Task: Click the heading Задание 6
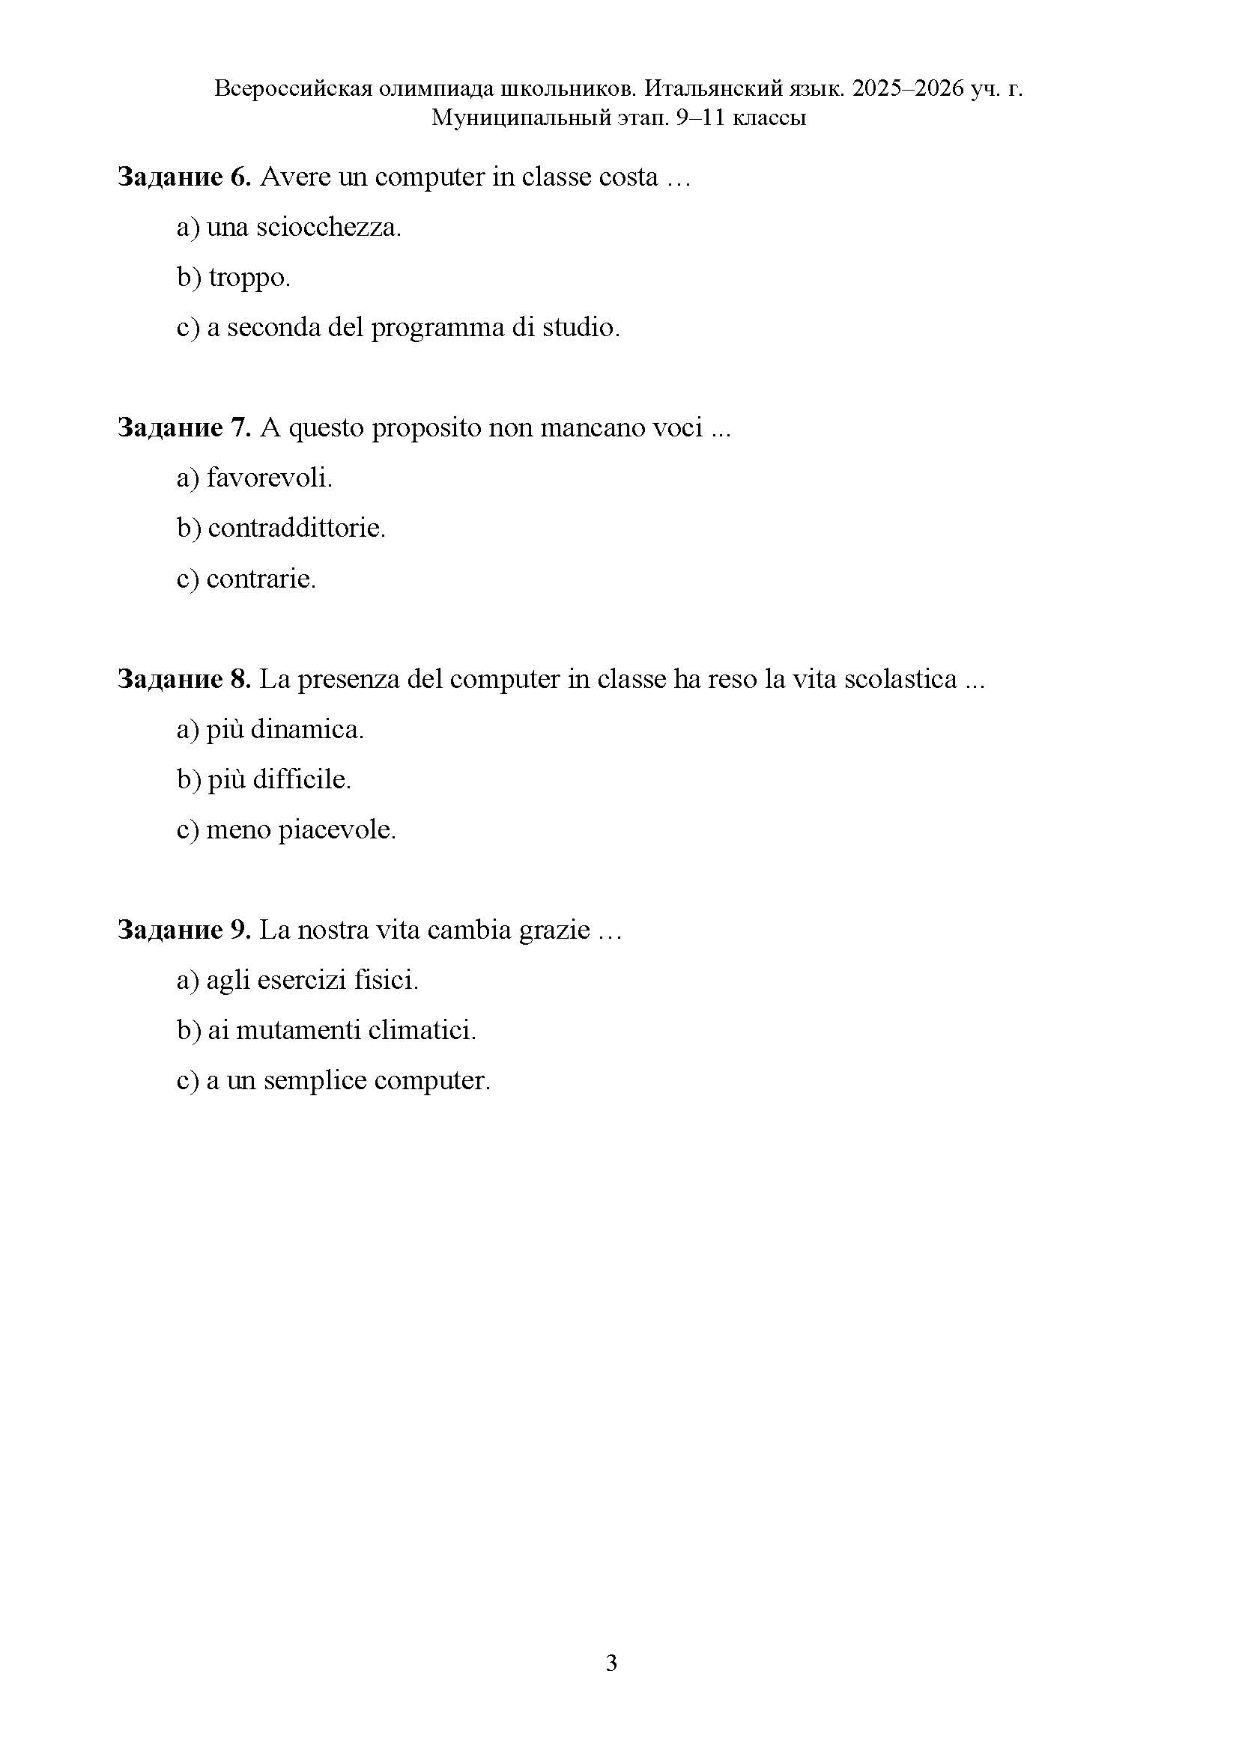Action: pyautogui.click(x=184, y=177)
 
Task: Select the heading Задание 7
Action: pyautogui.click(x=184, y=428)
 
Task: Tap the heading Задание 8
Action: pyautogui.click(x=184, y=679)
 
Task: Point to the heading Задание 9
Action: pyautogui.click(x=184, y=930)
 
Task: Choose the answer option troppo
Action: pyautogui.click(x=249, y=278)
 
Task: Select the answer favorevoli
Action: pyautogui.click(x=270, y=478)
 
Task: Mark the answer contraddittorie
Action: pyautogui.click(x=296, y=528)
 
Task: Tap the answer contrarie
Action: pyautogui.click(x=261, y=579)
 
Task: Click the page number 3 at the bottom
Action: pyautogui.click(x=611, y=1663)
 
